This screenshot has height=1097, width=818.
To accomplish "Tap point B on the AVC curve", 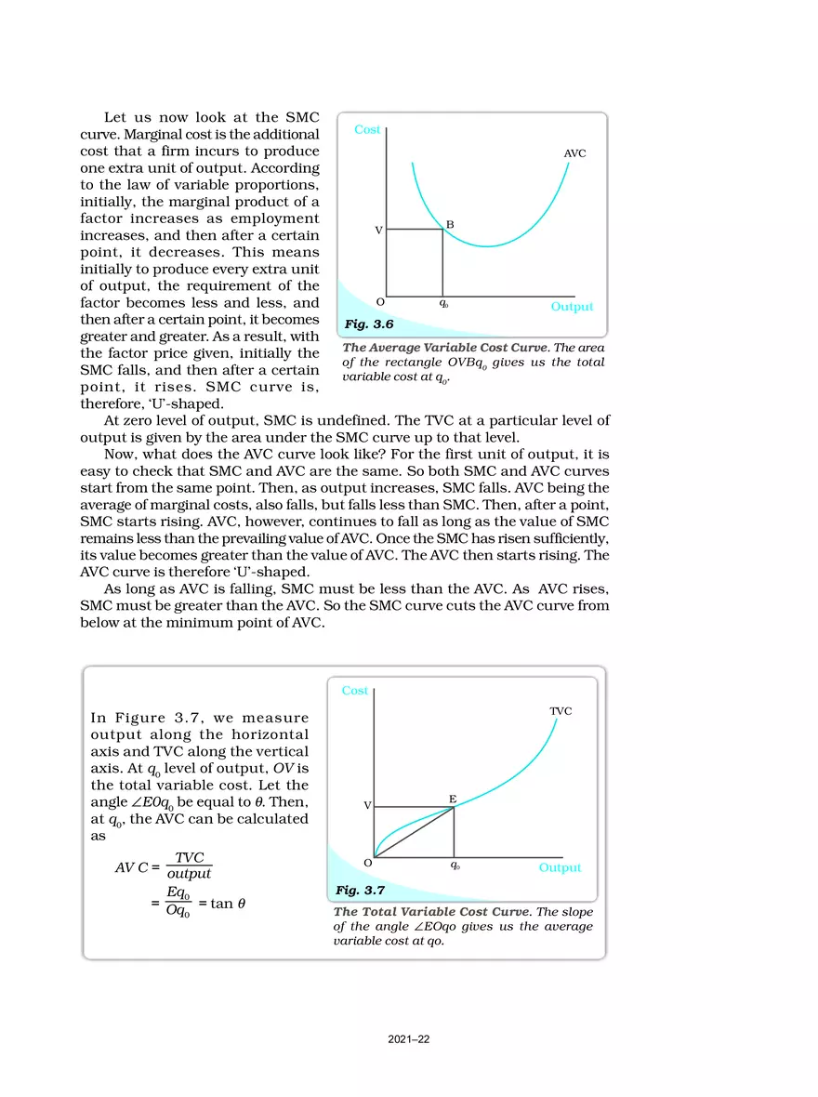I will click(x=442, y=229).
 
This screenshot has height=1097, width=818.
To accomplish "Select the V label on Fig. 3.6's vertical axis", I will click(x=378, y=230).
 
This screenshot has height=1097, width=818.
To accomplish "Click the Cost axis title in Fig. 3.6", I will click(x=367, y=130).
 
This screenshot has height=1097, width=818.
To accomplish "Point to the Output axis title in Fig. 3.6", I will click(x=571, y=307).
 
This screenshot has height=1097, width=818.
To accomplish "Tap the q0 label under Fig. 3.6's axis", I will click(x=443, y=303).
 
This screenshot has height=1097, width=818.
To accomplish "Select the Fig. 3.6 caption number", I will click(x=369, y=324).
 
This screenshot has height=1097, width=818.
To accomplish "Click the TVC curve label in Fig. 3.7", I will click(x=560, y=711).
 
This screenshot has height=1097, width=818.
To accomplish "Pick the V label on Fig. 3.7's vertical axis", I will click(x=367, y=805).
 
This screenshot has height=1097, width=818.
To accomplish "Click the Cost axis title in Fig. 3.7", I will click(x=354, y=691).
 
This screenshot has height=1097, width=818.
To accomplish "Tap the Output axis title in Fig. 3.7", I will click(x=560, y=867).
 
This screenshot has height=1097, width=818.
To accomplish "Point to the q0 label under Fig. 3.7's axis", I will click(x=454, y=865).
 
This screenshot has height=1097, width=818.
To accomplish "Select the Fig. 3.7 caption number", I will click(x=360, y=891).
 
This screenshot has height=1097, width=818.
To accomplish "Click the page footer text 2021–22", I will click(x=409, y=1039).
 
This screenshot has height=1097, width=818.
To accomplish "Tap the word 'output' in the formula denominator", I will click(x=189, y=874).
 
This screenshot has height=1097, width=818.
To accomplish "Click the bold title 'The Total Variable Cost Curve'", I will click(x=433, y=912).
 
